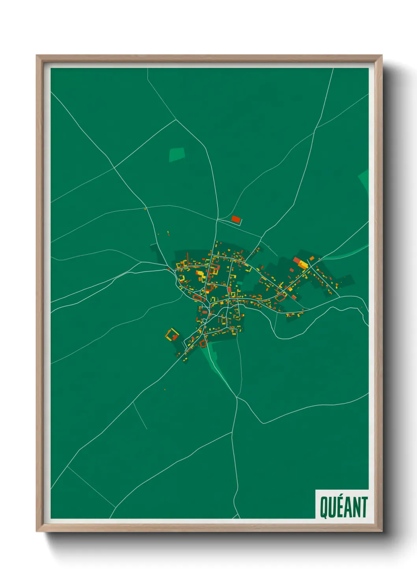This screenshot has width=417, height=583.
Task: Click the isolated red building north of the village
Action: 236,219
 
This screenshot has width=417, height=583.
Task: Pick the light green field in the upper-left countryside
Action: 177,154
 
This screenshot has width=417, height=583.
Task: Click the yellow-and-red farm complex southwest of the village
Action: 171,335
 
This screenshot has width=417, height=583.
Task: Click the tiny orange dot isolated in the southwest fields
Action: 165,390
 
